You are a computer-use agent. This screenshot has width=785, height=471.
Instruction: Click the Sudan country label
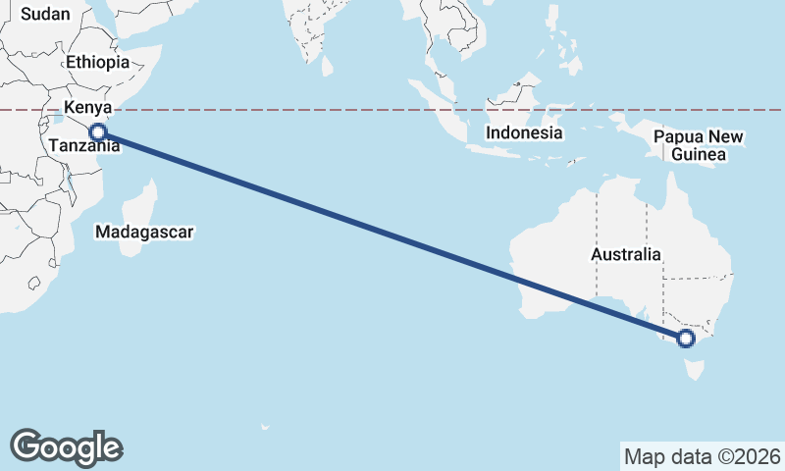(44, 13)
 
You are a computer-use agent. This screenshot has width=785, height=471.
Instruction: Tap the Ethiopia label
(97, 62)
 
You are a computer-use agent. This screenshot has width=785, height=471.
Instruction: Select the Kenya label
(88, 107)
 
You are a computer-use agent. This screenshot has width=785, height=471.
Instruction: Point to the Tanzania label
(84, 146)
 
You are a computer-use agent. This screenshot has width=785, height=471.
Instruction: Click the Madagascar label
(144, 233)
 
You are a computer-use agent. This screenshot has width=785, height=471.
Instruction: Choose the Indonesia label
(525, 132)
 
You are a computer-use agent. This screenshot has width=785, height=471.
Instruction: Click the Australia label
(626, 254)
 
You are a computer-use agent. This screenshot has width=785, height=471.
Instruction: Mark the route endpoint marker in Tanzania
(97, 132)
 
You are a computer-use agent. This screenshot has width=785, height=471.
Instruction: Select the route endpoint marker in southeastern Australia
(685, 339)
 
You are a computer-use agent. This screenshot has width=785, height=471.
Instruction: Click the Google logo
(66, 447)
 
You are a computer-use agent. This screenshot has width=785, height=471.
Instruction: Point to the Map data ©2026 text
(703, 456)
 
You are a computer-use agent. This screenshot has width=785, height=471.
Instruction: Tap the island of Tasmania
(697, 370)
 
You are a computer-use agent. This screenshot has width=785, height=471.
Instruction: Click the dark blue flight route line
(392, 235)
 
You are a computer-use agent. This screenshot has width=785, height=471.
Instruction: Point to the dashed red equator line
(294, 111)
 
